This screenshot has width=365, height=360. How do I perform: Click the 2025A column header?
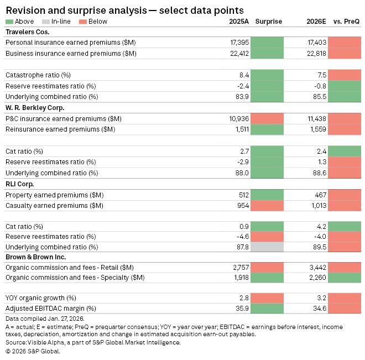click(239, 22)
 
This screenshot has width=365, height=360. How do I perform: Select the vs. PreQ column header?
click(346, 22)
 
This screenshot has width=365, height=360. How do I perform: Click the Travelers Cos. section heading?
click(28, 32)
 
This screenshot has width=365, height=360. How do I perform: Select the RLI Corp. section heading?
click(20, 184)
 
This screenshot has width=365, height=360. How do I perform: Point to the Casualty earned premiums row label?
click(54, 205)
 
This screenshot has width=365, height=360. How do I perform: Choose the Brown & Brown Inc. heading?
click(35, 258)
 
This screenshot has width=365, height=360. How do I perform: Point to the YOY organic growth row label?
click(41, 298)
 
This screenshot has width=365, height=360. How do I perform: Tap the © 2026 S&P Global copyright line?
click(33, 351)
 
